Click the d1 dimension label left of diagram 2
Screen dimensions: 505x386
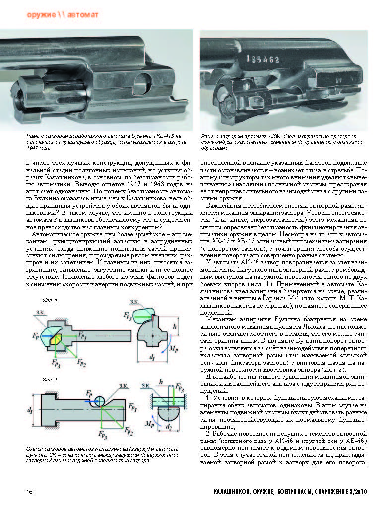coord(31,410)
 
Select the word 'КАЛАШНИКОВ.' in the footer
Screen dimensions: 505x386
coord(226,492)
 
